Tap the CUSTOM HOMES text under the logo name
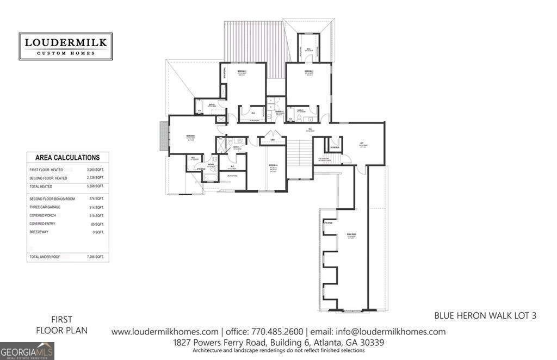[x=65, y=53]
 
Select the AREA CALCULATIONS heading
[x=67, y=158]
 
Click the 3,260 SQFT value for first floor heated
[x=96, y=170]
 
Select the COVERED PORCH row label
[x=43, y=215]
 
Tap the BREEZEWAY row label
[x=40, y=232]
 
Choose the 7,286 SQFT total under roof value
[x=96, y=256]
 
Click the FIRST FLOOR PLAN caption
[x=61, y=325]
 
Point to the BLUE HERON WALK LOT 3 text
[x=485, y=315]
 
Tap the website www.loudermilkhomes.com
[x=165, y=332]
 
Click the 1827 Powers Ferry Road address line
[x=278, y=343]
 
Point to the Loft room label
[x=361, y=145]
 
